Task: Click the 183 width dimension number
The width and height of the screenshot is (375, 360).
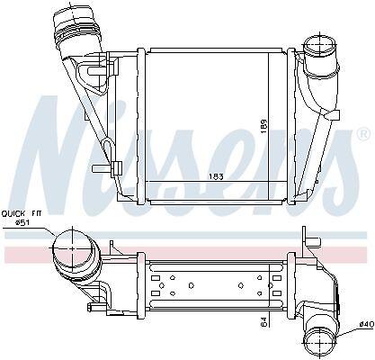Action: pos(217,176)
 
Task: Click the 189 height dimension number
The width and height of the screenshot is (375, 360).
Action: pos(263,127)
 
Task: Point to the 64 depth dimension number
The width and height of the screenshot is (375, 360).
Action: pos(264,321)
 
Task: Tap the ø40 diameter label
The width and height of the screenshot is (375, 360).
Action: pos(366,324)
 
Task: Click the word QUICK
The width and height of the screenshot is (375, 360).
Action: pos(13,213)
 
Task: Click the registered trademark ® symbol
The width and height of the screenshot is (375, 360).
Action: pos(363,134)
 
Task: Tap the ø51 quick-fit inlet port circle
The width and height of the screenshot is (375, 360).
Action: pos(72,248)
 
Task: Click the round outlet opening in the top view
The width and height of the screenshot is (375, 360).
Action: pos(320,47)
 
